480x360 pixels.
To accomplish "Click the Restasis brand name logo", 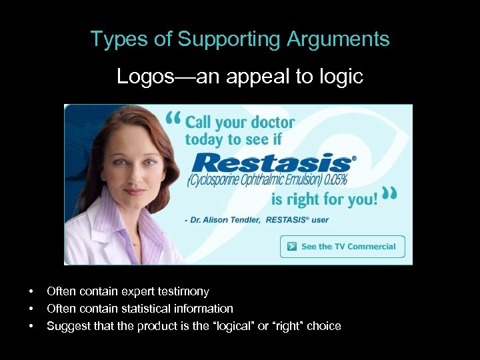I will pos(271,162).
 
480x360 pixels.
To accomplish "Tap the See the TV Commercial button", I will pos(342,247).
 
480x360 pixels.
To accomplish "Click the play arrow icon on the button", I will pos(291,247).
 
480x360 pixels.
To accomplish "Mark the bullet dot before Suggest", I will pos(31,327).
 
